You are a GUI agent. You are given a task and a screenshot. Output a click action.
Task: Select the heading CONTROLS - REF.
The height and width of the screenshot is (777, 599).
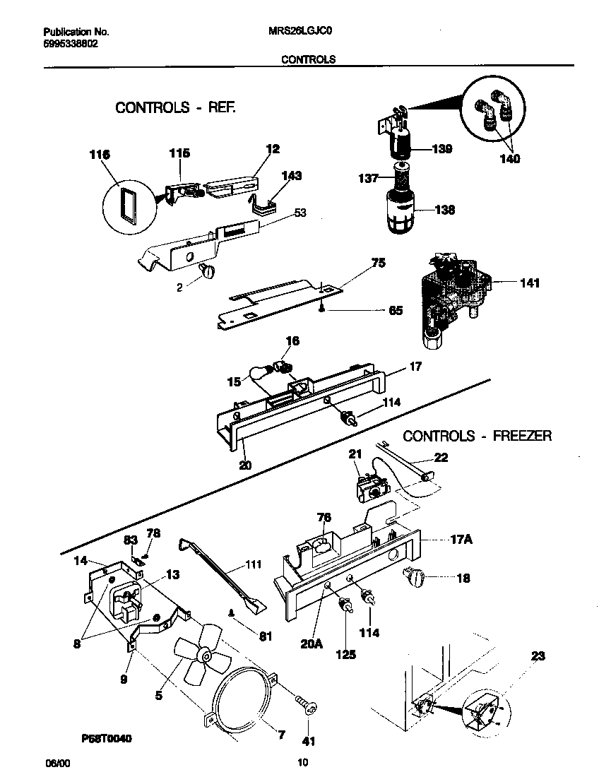tap(174, 108)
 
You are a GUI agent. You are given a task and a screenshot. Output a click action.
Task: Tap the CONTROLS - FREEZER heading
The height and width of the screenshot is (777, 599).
tap(477, 436)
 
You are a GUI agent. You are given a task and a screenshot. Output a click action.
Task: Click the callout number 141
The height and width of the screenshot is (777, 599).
tap(529, 283)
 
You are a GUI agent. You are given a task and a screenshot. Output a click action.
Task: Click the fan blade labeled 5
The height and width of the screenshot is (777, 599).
tap(199, 660)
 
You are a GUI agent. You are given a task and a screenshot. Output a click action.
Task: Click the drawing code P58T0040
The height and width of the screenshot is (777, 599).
tap(107, 738)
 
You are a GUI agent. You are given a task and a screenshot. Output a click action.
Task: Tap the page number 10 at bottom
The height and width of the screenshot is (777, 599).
tap(302, 762)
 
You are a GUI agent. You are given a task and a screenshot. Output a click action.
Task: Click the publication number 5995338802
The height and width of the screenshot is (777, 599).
tap(71, 43)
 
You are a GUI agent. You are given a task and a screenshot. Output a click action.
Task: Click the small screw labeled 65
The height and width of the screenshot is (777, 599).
tap(322, 308)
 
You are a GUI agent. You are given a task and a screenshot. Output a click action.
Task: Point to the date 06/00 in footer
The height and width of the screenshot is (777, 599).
tap(57, 763)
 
